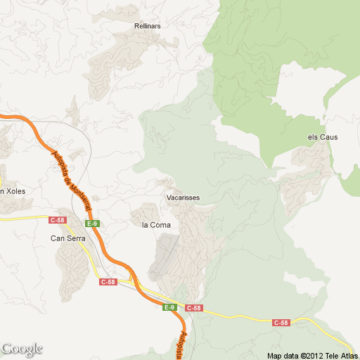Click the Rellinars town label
[148, 27]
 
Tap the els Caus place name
[323, 137]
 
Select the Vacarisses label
[184, 198]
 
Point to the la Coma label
[156, 225]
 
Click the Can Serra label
[68, 238]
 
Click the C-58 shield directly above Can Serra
[58, 220]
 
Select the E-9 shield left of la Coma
[92, 224]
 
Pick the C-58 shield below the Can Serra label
[108, 282]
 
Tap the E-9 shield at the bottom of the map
[169, 307]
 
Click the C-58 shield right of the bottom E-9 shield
[194, 308]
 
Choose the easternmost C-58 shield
[281, 323]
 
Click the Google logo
[22, 349]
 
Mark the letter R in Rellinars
[136, 27]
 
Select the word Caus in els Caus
[328, 137]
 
